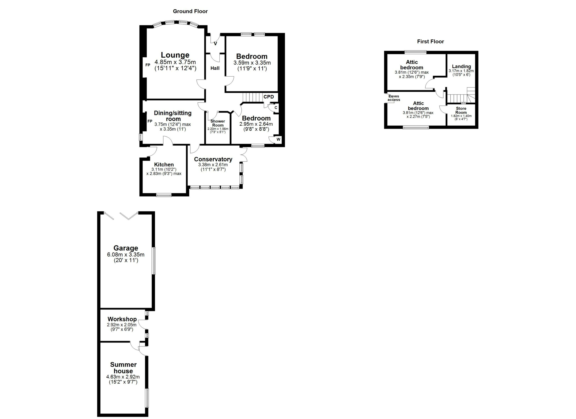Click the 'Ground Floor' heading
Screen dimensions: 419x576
(x=190, y=11)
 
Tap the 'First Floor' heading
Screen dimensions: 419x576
(x=430, y=41)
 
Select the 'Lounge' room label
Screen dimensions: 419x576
(x=175, y=55)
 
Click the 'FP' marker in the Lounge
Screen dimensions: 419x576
(x=148, y=65)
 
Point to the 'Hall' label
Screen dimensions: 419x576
(x=215, y=68)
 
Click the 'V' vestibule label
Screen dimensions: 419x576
(x=215, y=44)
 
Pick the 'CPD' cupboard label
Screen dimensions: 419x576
(x=269, y=97)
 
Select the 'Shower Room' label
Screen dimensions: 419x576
(x=218, y=123)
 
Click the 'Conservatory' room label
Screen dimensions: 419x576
(x=213, y=159)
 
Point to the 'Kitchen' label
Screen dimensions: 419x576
(x=164, y=164)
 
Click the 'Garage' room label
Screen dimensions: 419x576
(x=126, y=248)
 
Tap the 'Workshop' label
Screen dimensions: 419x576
(x=122, y=319)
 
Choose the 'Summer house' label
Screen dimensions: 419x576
(x=123, y=368)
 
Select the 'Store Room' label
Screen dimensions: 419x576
(x=461, y=110)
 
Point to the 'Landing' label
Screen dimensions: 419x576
(x=461, y=67)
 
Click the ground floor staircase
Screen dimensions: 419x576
(x=252, y=97)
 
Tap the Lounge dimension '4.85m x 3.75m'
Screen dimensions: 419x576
(x=175, y=62)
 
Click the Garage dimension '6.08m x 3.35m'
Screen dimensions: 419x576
(x=126, y=255)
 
